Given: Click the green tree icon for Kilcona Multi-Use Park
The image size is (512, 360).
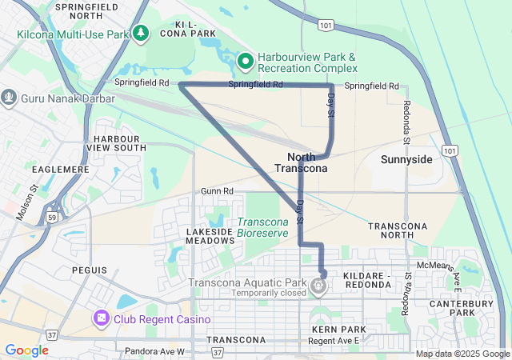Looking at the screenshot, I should (x=142, y=32).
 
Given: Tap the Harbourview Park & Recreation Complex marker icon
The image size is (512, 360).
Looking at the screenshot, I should (x=247, y=59).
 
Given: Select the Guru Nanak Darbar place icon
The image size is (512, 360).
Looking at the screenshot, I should (x=10, y=98).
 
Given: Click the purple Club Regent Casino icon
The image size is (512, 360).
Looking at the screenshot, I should (x=102, y=319).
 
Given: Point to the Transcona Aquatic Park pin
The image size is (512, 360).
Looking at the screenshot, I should (x=319, y=284).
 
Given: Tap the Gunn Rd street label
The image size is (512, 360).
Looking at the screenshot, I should (x=217, y=192).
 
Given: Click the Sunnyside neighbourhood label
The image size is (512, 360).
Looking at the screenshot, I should (x=406, y=160).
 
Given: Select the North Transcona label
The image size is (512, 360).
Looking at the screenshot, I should (x=301, y=162).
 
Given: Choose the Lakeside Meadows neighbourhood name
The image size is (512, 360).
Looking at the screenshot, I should (x=210, y=236).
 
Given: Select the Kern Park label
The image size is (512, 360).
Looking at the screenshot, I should (x=338, y=330).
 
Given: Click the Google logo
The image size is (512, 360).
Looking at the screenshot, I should (x=26, y=350).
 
